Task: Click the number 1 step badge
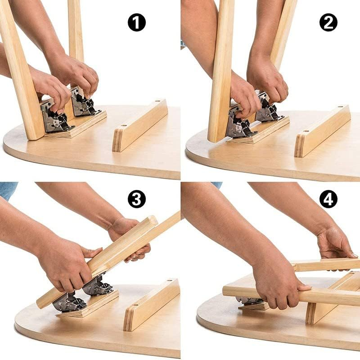[x=137, y=22]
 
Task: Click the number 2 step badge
[x=328, y=22]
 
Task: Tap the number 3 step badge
[x=137, y=198]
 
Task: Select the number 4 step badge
[x=328, y=198]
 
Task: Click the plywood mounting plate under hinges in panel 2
[x=265, y=133]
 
